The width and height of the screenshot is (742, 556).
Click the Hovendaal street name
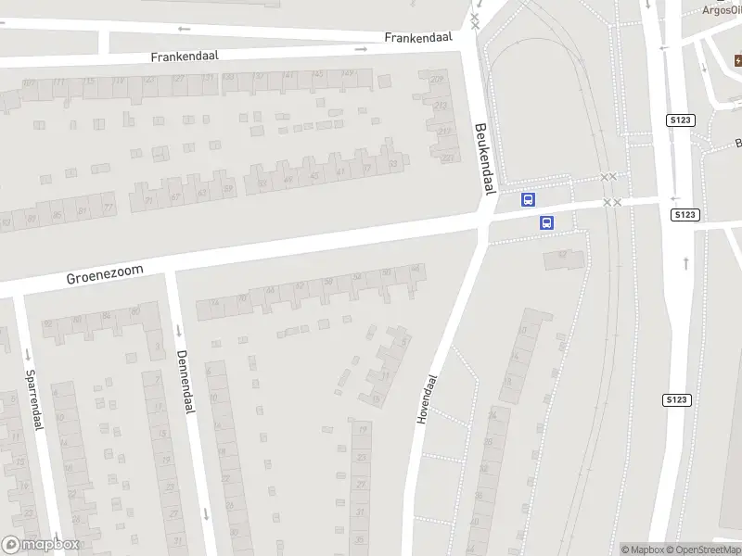(x=427, y=400)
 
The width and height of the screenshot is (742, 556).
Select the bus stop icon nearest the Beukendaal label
(x=528, y=199)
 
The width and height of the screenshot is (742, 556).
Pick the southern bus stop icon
(x=546, y=222)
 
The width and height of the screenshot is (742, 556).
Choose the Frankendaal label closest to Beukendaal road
(x=417, y=38)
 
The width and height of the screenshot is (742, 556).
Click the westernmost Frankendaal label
(x=184, y=57)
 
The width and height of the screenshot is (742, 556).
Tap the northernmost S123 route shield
(x=681, y=120)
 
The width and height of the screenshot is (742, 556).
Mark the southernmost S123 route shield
(x=676, y=399)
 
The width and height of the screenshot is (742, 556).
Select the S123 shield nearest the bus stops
(x=684, y=214)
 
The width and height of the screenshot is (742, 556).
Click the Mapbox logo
(x=41, y=545)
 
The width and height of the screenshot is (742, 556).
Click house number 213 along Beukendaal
(x=441, y=106)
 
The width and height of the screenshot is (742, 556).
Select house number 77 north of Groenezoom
(x=109, y=207)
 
